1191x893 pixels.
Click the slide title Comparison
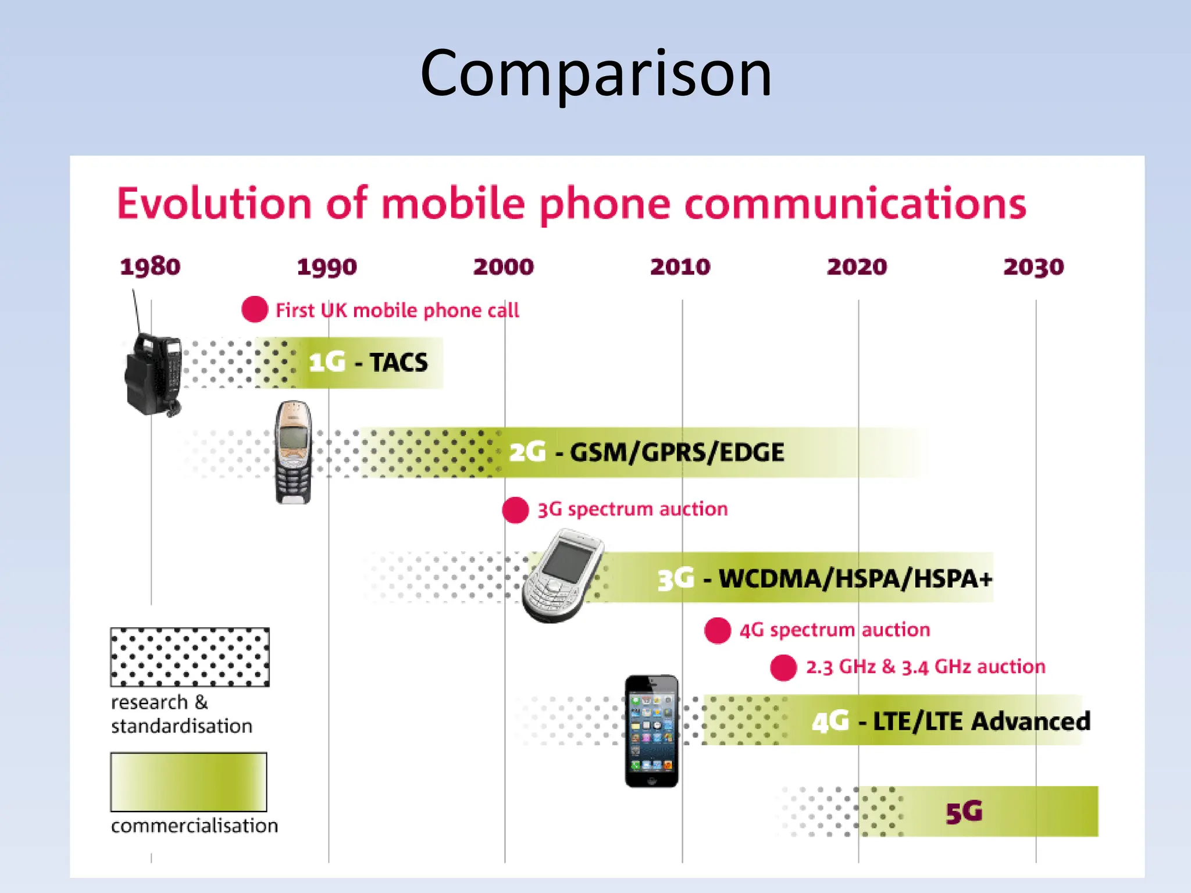pos(595,74)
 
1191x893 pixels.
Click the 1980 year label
pos(150,267)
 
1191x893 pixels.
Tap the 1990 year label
pos(327,267)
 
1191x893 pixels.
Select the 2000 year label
pos(504,267)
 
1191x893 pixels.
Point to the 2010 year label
pos(680,267)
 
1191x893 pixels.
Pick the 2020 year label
pos(857,267)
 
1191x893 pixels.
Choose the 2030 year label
pos(1034,267)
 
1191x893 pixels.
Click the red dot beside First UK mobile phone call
pos(255,309)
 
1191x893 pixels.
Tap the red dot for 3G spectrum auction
pos(515,510)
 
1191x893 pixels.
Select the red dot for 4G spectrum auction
pos(718,630)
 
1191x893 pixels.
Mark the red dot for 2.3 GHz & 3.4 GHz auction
pos(783,667)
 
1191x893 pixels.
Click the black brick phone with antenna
pos(153,372)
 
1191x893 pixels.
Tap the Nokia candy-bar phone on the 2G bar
pos(293,452)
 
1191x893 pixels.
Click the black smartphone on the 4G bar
pos(651,731)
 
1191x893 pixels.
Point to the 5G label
pos(964,812)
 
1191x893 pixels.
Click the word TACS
pos(399,363)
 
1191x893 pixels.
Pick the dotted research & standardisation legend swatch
pos(190,657)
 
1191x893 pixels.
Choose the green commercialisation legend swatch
pos(188,782)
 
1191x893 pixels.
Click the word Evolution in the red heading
pos(215,203)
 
